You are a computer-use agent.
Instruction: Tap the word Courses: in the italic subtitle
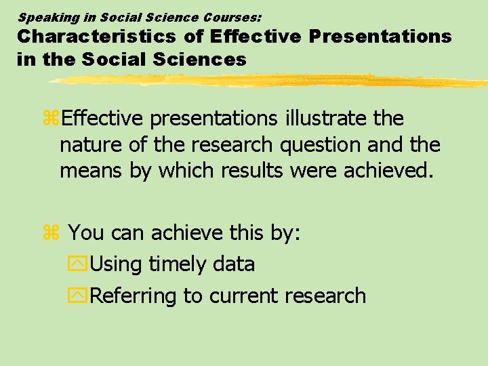[231, 17]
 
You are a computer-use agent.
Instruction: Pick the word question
[322, 145]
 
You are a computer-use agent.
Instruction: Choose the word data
[233, 264]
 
